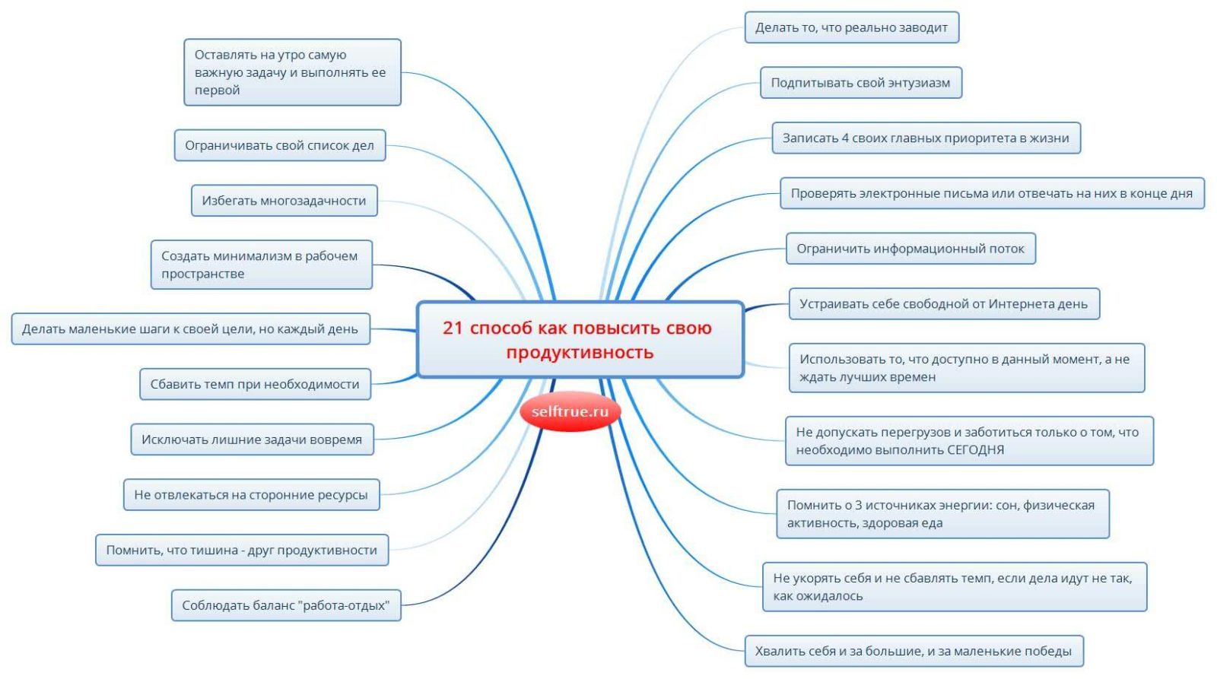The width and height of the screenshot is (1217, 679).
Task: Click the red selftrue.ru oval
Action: click(x=570, y=411)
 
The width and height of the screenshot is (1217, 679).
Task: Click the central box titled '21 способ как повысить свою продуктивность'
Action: click(x=580, y=339)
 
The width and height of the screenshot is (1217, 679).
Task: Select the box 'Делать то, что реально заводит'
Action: click(x=851, y=27)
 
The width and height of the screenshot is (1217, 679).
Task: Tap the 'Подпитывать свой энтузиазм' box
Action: click(x=860, y=83)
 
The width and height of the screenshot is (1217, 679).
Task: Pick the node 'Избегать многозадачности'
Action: click(x=284, y=201)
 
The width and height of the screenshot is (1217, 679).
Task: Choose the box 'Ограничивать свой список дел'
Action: click(x=280, y=145)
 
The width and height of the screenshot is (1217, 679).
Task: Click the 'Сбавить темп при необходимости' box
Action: click(x=256, y=384)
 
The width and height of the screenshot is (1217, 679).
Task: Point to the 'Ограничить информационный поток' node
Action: click(x=910, y=248)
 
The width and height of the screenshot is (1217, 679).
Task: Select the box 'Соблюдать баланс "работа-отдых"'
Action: click(x=286, y=605)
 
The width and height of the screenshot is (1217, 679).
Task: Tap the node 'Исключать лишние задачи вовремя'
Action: click(x=252, y=439)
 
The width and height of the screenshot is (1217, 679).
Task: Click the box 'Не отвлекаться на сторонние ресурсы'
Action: click(x=252, y=495)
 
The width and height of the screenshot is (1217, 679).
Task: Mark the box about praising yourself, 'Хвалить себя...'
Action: click(x=914, y=651)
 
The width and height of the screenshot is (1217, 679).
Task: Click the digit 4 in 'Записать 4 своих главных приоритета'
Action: click(x=845, y=138)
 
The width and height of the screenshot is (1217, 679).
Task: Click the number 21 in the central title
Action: click(x=453, y=328)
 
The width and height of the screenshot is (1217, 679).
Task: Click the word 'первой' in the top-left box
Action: click(x=218, y=90)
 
